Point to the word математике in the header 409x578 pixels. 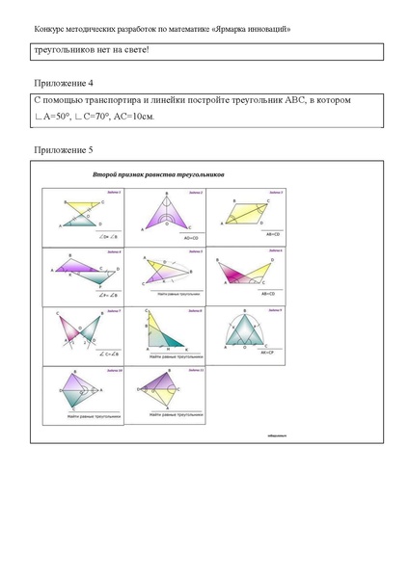[x=200, y=29]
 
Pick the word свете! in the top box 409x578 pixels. [x=133, y=51]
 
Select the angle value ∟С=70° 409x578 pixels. [x=92, y=118]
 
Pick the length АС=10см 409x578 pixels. [x=134, y=118]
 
